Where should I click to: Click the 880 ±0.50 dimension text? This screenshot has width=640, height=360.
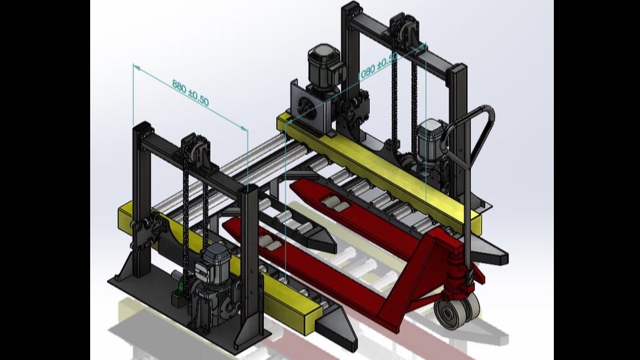(x=191, y=94)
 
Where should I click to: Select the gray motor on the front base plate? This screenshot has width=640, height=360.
(x=216, y=264)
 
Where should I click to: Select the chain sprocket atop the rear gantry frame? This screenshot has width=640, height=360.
(x=405, y=29)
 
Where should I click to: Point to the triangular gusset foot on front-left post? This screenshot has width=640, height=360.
(x=120, y=275)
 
